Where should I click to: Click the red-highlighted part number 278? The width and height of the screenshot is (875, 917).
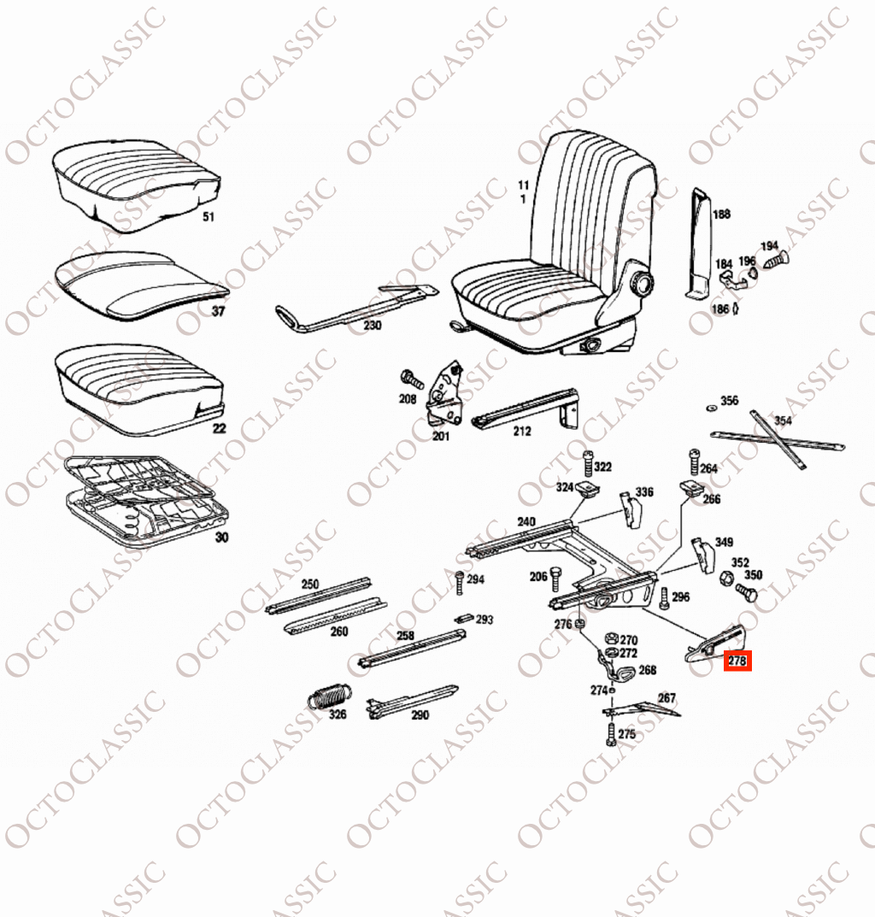tap(737, 661)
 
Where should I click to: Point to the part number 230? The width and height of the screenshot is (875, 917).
tap(372, 325)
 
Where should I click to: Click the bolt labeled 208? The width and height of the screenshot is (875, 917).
tap(412, 379)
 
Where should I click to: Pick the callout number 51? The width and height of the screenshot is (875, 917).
tap(208, 217)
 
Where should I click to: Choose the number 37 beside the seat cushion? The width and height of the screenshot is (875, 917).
tap(218, 311)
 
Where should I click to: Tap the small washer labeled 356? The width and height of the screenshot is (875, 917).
tap(712, 408)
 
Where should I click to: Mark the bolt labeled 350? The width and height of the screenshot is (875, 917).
tap(747, 592)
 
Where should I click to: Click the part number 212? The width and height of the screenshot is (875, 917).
tap(522, 431)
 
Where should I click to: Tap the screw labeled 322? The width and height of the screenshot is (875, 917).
tap(587, 464)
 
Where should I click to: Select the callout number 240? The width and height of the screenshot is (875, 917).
tap(526, 521)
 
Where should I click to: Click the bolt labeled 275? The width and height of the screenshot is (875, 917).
tap(611, 734)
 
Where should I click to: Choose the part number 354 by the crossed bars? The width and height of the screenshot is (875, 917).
tap(783, 420)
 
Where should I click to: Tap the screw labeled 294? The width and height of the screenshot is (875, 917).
tap(459, 583)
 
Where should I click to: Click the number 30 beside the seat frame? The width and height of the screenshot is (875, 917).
tap(221, 537)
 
